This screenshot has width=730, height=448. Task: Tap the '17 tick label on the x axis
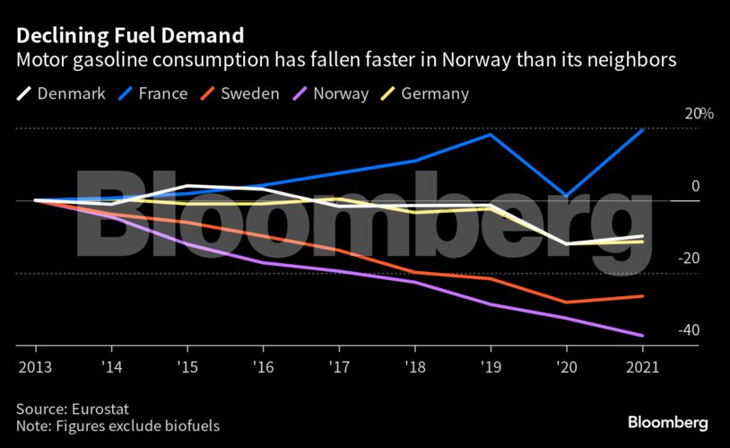pos(338,367)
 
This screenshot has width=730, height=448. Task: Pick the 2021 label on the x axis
pos(642,367)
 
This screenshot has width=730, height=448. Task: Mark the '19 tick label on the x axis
pos(490,367)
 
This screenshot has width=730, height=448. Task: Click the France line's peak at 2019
pos(491,135)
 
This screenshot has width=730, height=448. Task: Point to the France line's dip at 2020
pos(566,196)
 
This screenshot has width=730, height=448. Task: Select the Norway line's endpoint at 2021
pos(643,336)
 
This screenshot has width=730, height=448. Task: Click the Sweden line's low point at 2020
pos(566,303)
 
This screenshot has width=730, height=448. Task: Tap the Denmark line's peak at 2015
pos(187,186)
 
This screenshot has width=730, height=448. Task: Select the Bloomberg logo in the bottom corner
pos(667,422)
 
